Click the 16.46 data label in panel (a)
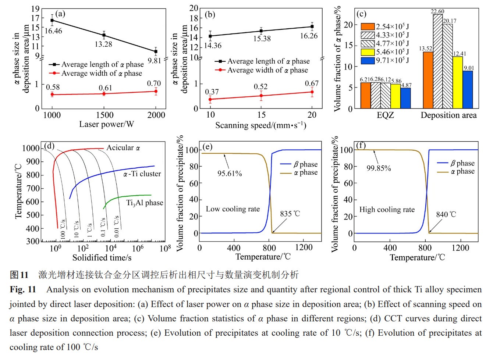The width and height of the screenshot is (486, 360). (53, 31)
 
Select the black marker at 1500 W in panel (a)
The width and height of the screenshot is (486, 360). (104, 35)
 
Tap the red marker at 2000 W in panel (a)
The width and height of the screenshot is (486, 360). (156, 91)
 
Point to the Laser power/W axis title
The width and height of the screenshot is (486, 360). (106, 124)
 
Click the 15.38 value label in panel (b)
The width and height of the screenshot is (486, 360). (262, 39)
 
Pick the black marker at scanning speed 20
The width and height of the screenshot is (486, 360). (312, 26)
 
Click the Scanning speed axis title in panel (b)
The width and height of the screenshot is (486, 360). (260, 125)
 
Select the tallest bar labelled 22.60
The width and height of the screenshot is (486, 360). (437, 61)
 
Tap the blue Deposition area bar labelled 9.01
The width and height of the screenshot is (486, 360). (468, 89)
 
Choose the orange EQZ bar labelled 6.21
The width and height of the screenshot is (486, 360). (365, 95)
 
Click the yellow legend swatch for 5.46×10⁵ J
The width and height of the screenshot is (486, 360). (368, 52)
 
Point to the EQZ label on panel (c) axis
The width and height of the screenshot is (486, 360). (385, 115)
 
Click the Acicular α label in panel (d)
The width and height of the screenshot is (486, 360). (123, 148)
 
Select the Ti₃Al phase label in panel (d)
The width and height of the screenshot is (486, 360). (145, 203)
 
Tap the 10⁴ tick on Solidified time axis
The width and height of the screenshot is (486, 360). (111, 248)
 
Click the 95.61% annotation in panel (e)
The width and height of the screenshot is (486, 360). (230, 174)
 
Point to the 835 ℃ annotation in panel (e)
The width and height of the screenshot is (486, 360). (290, 214)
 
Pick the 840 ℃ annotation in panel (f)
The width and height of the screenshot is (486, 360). (446, 214)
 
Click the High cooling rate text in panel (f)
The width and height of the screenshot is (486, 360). (387, 210)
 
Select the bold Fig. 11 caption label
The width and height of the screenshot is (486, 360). (23, 290)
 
